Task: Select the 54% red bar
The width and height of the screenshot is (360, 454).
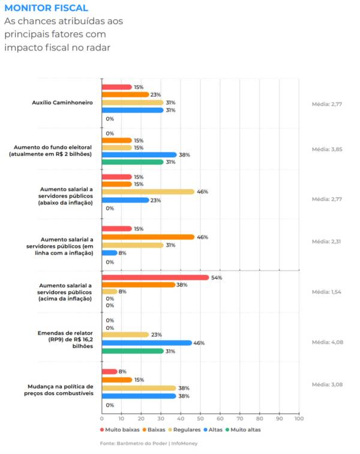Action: point(155,277)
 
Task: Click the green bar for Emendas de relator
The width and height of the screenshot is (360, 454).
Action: point(132,351)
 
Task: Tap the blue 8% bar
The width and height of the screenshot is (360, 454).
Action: point(109,252)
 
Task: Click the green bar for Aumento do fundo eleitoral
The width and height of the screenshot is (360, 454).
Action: point(132,162)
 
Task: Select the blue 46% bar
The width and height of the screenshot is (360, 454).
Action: point(147,343)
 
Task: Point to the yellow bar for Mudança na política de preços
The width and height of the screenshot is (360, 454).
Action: point(139,388)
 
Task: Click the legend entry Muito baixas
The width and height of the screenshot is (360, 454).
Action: point(121,429)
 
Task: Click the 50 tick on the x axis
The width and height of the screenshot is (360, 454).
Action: point(200,418)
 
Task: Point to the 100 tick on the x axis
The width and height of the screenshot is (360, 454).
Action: point(299,418)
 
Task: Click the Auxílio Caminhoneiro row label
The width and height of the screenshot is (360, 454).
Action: point(62,103)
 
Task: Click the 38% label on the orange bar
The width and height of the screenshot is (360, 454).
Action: point(182,285)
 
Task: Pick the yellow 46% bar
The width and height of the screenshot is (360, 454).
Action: point(147,192)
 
